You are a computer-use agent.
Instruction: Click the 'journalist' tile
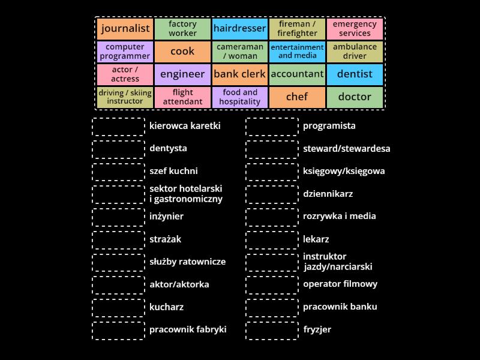click(x=125, y=29)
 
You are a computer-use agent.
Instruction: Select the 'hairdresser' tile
click(x=239, y=29)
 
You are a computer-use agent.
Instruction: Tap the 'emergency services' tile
click(x=355, y=29)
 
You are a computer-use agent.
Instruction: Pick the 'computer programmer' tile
click(x=125, y=52)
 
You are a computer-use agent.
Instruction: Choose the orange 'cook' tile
click(x=182, y=52)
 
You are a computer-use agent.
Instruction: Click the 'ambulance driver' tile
click(x=355, y=52)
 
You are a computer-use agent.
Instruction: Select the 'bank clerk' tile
click(x=239, y=74)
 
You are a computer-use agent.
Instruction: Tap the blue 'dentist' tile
click(x=355, y=74)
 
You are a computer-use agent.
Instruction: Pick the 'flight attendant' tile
click(x=182, y=97)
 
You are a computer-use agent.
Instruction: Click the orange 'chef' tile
click(x=297, y=97)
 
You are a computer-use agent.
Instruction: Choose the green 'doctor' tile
click(x=355, y=97)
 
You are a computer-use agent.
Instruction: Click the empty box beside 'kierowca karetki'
click(x=119, y=127)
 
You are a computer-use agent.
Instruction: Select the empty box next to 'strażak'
click(x=119, y=239)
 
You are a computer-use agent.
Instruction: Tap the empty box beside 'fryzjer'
click(x=272, y=329)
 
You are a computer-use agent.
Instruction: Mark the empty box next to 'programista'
click(x=272, y=127)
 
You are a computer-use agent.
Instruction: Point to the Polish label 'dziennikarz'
click(x=328, y=194)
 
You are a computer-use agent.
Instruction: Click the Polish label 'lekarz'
click(x=316, y=239)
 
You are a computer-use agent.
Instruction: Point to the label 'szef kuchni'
click(x=173, y=171)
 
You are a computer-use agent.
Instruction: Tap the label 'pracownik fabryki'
click(x=188, y=329)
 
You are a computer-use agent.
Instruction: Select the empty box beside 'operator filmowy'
click(x=272, y=284)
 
